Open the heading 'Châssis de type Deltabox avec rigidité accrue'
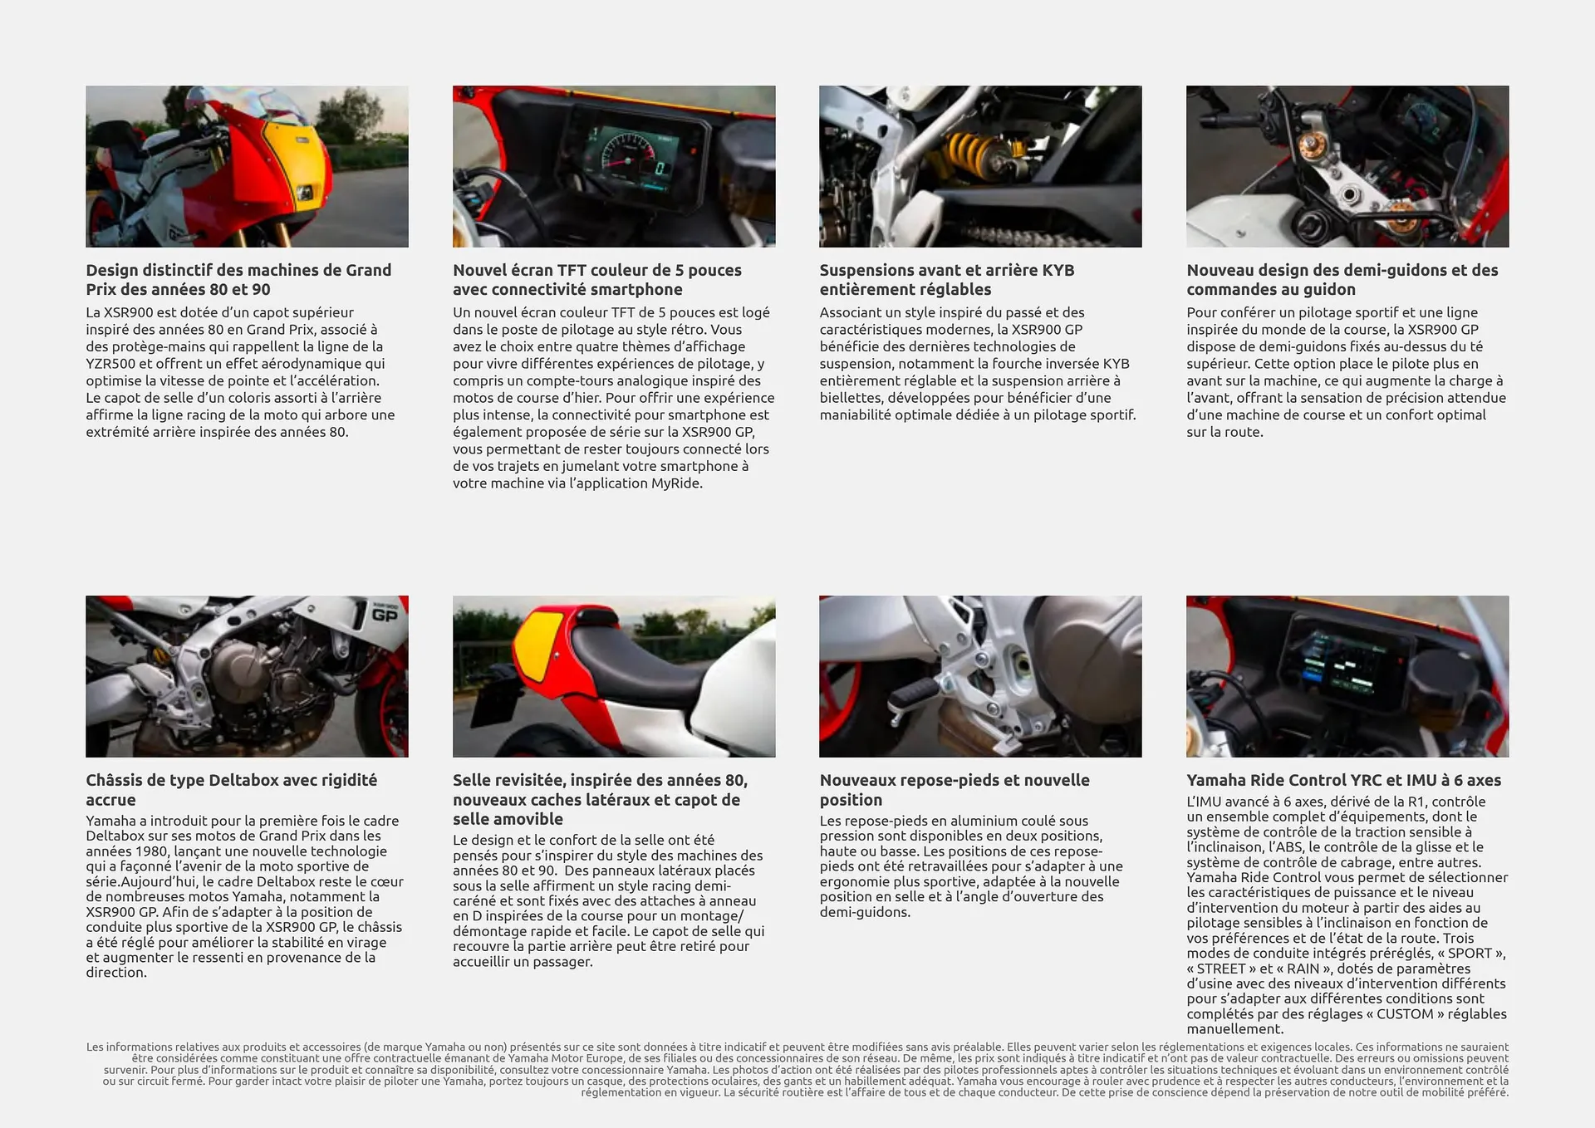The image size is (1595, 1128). pyautogui.click(x=231, y=789)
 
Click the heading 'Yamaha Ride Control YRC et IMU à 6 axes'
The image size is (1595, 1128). pyautogui.click(x=1343, y=780)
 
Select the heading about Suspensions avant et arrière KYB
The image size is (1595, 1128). pyautogui.click(x=946, y=279)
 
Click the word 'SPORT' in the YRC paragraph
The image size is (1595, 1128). pyautogui.click(x=1470, y=954)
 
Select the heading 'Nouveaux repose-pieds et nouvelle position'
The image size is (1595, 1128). pyautogui.click(x=954, y=789)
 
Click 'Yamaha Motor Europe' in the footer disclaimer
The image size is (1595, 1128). pyautogui.click(x=563, y=1058)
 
